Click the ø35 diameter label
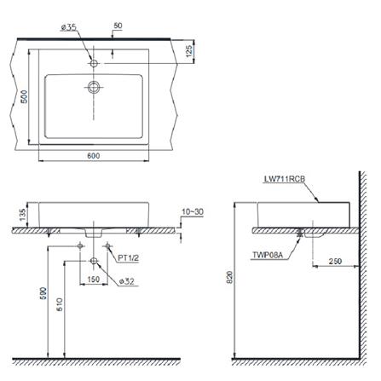point(69,27)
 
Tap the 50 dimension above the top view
point(118,26)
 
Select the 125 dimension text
point(190,51)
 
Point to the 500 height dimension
point(25,96)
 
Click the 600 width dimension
point(94,155)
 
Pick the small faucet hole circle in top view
point(94,63)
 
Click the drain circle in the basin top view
point(94,87)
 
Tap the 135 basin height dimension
point(23,215)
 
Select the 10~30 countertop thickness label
point(193,212)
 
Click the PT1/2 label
point(129,258)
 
